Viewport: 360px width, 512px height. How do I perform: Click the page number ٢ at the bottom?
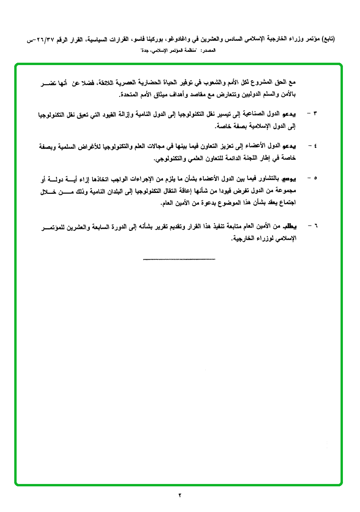point(180,495)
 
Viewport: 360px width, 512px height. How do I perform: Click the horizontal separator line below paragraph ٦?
point(179,259)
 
